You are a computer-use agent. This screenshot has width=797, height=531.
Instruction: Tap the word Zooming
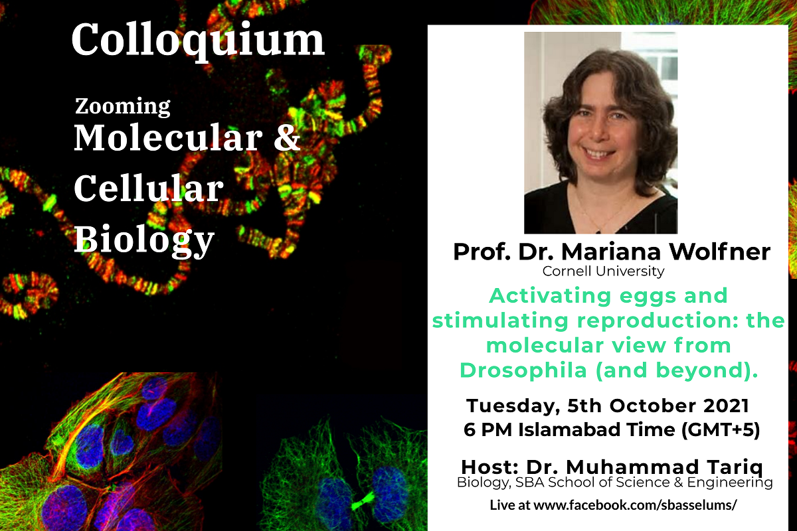(122, 107)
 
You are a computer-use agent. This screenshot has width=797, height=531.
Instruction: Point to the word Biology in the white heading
(144, 240)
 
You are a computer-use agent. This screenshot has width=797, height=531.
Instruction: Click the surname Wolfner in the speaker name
(719, 252)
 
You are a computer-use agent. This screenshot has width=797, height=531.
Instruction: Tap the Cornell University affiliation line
(603, 271)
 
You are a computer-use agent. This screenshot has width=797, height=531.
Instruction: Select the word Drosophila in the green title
(523, 370)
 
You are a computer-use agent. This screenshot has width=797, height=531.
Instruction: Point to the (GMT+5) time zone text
(720, 429)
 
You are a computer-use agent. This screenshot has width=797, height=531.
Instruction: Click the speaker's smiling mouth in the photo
(600, 153)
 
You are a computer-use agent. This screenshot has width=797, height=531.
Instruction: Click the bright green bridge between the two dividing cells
(363, 500)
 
